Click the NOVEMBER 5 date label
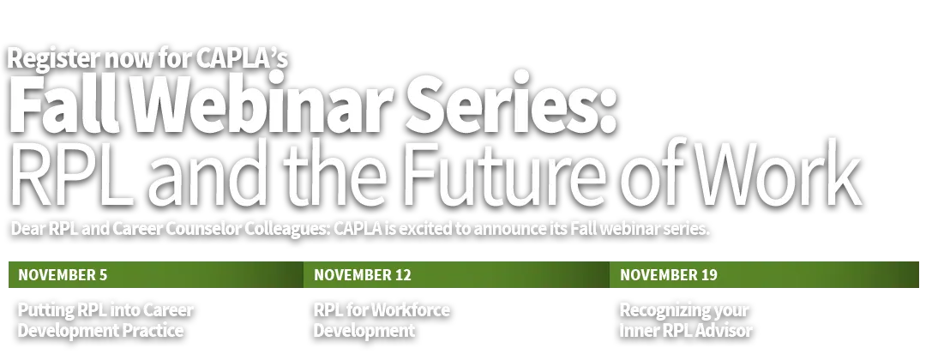pyautogui.click(x=63, y=275)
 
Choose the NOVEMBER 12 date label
pyautogui.click(x=363, y=275)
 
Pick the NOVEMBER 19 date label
pyautogui.click(x=669, y=275)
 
